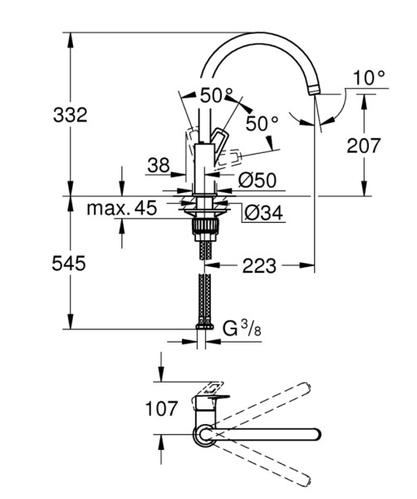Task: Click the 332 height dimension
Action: tap(71, 115)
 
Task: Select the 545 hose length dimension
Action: tap(69, 263)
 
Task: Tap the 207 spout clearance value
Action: tap(363, 146)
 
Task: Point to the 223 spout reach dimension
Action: tap(259, 266)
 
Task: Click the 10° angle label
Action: tap(369, 77)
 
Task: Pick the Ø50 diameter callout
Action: tap(258, 180)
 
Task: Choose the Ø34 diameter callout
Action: tap(264, 212)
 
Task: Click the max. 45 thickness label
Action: tap(122, 208)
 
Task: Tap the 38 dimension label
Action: tap(159, 165)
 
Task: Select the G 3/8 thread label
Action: tap(242, 329)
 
